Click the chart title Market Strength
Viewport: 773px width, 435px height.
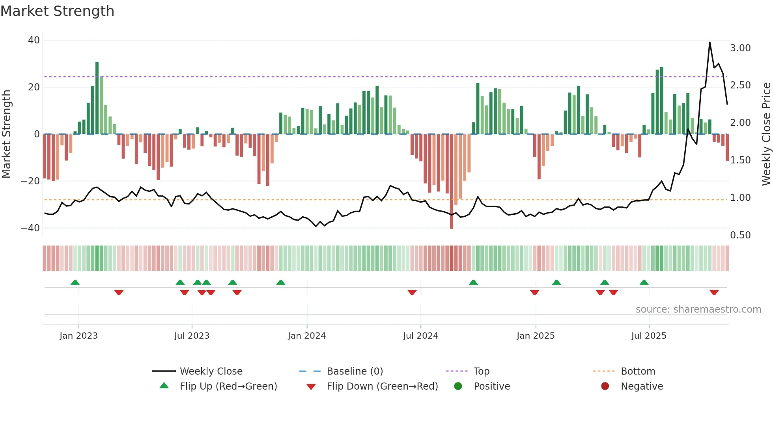click(57, 11)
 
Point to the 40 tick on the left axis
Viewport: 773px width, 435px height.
click(34, 40)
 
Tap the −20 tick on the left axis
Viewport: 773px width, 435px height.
click(30, 181)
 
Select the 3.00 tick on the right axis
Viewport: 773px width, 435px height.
click(740, 48)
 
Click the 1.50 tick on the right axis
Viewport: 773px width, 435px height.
click(740, 160)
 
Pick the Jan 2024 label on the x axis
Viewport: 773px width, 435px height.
click(307, 336)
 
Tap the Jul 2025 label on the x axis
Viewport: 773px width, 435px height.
click(649, 336)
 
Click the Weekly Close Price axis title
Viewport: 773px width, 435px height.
click(766, 134)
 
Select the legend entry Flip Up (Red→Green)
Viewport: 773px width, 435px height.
click(228, 386)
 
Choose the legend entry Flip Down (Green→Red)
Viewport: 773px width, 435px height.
click(382, 386)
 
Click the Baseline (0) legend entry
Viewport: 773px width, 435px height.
click(355, 371)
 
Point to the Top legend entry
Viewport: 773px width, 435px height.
click(481, 371)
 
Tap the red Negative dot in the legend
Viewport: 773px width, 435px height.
click(605, 386)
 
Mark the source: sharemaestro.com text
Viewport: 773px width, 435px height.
click(698, 309)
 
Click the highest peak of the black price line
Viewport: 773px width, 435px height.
click(710, 43)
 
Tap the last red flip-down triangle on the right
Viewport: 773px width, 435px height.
click(714, 292)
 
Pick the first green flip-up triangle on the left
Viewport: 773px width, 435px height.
click(75, 282)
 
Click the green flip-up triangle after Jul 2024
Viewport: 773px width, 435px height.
click(473, 282)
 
